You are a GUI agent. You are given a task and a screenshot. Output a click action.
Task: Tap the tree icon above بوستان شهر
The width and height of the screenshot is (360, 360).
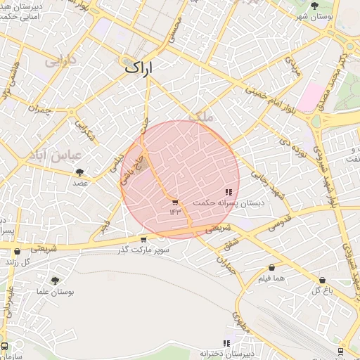point(314,5)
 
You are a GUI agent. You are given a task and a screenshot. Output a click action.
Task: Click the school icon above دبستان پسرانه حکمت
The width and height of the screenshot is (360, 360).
point(229,192)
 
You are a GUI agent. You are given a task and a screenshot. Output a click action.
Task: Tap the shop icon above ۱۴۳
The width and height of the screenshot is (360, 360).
point(174,202)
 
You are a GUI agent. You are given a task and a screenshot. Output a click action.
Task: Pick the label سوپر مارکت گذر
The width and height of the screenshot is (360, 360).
point(143,250)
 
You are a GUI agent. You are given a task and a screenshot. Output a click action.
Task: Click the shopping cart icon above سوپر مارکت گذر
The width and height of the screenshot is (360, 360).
point(143,240)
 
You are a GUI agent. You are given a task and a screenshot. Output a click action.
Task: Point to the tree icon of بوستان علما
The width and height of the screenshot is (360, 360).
point(55,281)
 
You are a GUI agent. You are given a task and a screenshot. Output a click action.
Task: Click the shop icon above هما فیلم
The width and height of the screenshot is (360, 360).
point(271,268)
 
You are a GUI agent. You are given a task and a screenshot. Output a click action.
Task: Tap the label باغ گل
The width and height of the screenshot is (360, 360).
point(322,290)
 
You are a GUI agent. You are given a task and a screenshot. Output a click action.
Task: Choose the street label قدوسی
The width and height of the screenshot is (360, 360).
point(280,224)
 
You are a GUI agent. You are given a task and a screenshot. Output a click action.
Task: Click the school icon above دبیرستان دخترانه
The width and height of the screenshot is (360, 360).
point(226,343)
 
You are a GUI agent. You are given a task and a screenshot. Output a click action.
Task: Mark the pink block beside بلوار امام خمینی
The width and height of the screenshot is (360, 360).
point(309,96)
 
